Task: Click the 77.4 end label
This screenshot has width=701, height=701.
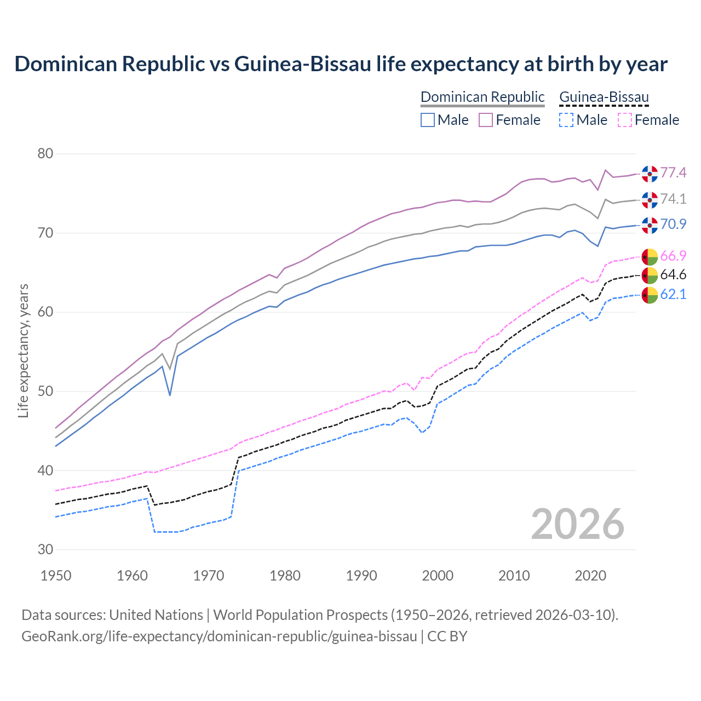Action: point(673,173)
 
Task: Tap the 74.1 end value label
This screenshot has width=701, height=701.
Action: point(673,199)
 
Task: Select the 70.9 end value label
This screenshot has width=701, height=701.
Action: point(673,224)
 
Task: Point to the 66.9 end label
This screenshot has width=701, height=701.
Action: point(673,256)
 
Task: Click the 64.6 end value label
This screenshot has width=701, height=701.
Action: point(673,274)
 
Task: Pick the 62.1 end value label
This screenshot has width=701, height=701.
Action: point(673,294)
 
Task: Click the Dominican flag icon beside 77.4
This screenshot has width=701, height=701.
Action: point(650,174)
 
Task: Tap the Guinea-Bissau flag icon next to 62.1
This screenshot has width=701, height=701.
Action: point(650,295)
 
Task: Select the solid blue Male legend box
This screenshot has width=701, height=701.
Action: point(428,120)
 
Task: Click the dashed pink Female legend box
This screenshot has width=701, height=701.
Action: point(625,120)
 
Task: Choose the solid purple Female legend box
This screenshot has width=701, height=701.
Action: point(486,120)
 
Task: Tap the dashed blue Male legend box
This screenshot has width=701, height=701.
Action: point(566,120)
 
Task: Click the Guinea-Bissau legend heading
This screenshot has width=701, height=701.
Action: point(604,97)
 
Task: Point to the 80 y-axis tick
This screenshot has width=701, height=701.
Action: point(45,154)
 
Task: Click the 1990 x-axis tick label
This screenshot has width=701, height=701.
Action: point(361,576)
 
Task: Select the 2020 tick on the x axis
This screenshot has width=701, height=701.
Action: point(590,576)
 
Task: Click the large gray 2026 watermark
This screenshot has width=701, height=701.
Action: point(577,524)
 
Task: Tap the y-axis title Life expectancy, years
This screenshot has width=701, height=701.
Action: point(24,350)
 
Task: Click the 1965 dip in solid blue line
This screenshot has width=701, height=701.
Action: point(170,395)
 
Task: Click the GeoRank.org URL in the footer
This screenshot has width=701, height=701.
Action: point(219,636)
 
